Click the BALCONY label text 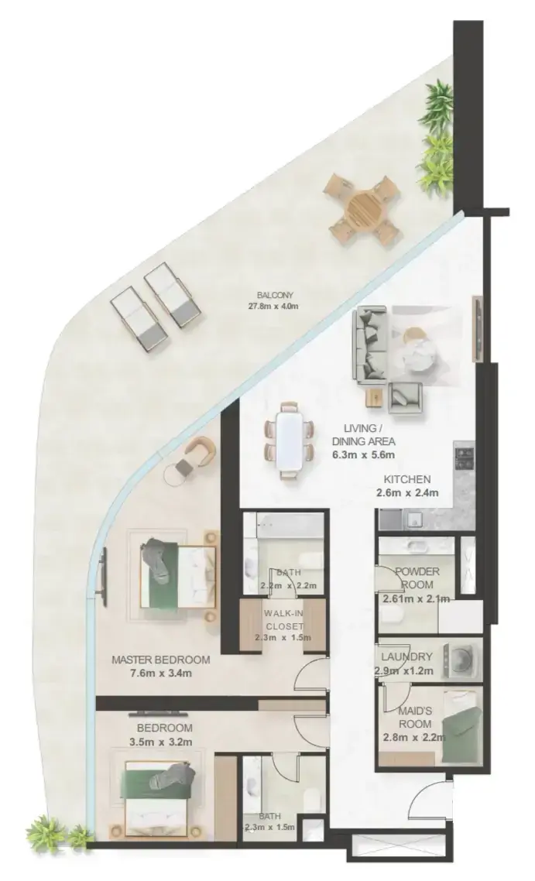click(275, 295)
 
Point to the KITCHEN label click(407, 479)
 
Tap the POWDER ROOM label click(417, 578)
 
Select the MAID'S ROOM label click(415, 718)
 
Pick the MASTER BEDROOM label click(161, 660)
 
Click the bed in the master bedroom click(177, 576)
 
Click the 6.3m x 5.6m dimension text click(364, 454)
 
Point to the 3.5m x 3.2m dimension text click(161, 742)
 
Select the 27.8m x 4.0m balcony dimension click(273, 307)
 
